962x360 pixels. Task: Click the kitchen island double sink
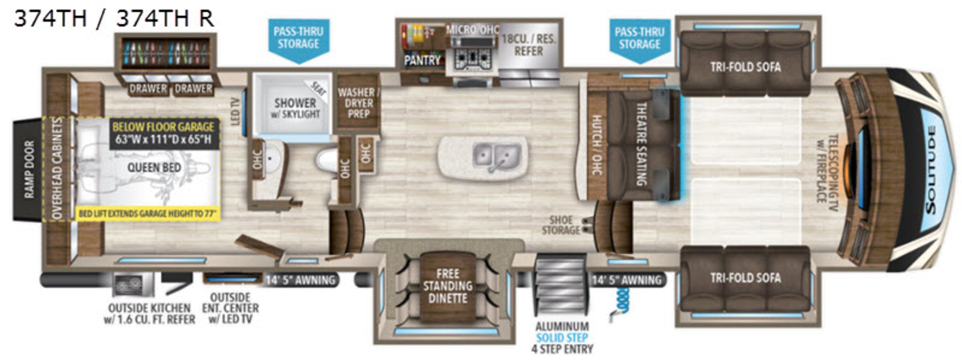click(x=496, y=155)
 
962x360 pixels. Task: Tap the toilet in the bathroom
click(x=327, y=160)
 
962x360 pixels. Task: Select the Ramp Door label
click(x=29, y=169)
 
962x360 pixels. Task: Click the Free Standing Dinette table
click(x=447, y=286)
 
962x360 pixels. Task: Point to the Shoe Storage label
click(x=561, y=225)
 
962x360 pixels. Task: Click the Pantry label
click(x=422, y=60)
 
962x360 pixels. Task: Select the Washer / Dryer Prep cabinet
click(x=358, y=103)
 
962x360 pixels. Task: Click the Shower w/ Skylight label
click(x=296, y=108)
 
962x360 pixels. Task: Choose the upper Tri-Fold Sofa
click(x=745, y=64)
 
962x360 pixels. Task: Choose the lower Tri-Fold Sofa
click(x=745, y=278)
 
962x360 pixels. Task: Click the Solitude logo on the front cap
click(x=930, y=170)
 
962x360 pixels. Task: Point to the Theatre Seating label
click(x=641, y=144)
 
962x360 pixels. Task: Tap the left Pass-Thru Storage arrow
click(x=298, y=41)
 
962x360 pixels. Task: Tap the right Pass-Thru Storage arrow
click(x=640, y=41)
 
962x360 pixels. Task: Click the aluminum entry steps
click(x=560, y=285)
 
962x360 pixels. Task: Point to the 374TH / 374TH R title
click(x=114, y=18)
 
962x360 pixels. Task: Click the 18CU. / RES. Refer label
click(x=528, y=45)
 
